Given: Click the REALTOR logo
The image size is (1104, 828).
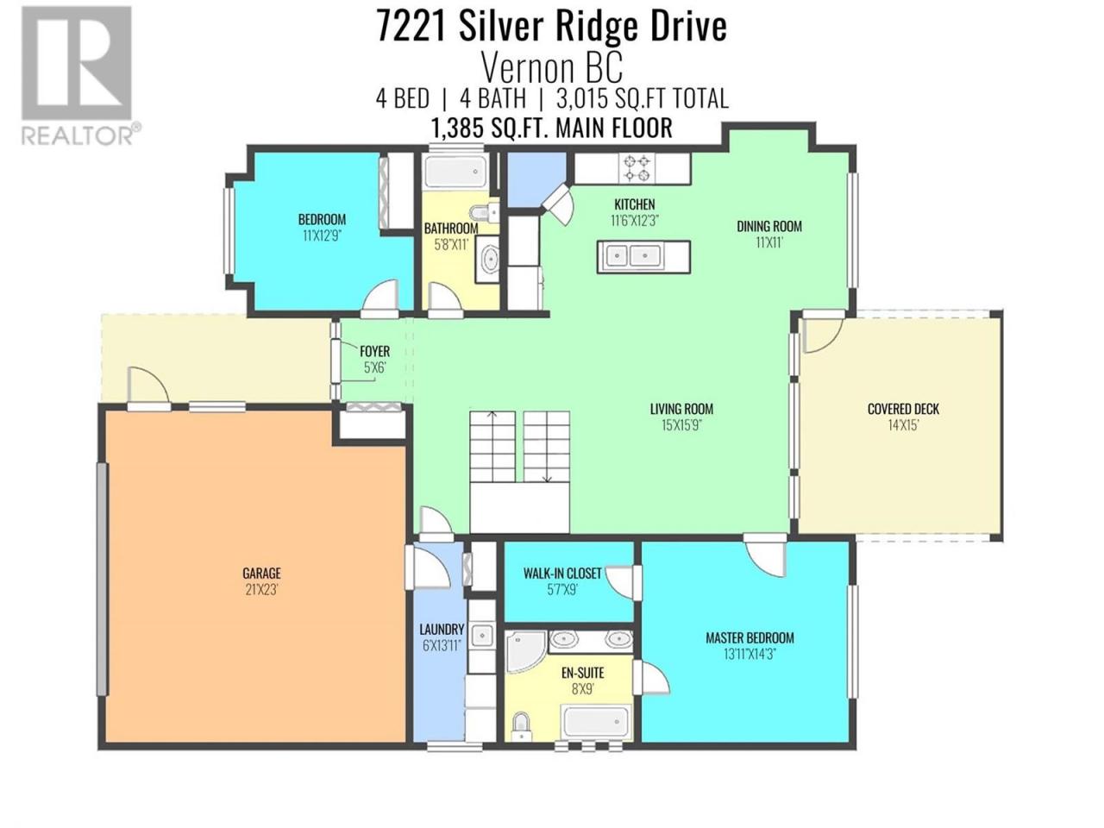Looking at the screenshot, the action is point(80,75).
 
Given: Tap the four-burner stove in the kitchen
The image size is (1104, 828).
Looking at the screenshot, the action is point(637,168).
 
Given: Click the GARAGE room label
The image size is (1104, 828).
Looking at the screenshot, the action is point(261,573).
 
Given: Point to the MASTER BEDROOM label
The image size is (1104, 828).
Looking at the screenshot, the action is point(750,638).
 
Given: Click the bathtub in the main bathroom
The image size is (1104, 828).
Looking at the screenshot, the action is point(455,172).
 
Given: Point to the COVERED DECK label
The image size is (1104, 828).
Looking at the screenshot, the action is point(903,409).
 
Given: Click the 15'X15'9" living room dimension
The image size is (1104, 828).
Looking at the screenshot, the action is point(681,425).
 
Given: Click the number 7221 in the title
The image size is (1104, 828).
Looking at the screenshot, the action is point(411,27).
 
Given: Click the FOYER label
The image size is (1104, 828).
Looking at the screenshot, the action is point(374,351).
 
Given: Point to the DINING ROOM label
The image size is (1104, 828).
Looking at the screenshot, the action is point(769,226).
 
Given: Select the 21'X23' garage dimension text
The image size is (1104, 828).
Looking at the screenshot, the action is point(261,589).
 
